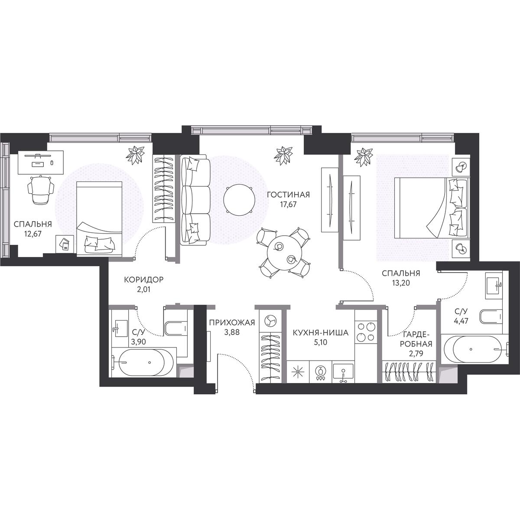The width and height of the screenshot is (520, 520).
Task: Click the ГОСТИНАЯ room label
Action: click(x=288, y=194)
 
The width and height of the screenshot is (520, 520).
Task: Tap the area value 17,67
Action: click(x=288, y=204)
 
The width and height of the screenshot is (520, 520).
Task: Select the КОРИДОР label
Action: click(x=143, y=279)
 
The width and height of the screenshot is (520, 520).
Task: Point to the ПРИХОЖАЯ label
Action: click(x=232, y=322)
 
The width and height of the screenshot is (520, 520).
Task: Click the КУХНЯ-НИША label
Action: click(x=321, y=333)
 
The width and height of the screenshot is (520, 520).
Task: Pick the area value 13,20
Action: click(x=401, y=283)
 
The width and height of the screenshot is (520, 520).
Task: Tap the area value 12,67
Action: click(x=32, y=234)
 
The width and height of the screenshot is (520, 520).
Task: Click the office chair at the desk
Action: click(x=41, y=189)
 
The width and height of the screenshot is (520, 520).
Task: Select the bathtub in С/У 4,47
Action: click(x=474, y=349)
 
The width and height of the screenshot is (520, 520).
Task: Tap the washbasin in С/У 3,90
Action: click(x=120, y=328)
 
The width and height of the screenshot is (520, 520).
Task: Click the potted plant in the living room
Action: click(x=283, y=156)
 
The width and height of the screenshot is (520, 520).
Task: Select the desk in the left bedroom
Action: click(x=41, y=162)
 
